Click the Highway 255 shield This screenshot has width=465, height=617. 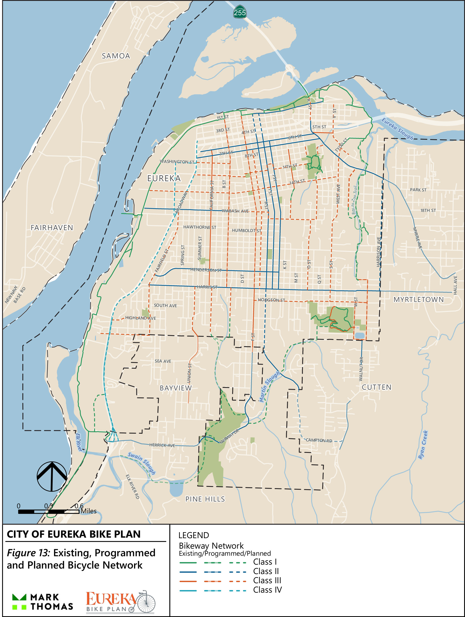pos(240,12)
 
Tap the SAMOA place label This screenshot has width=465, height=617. pos(116,56)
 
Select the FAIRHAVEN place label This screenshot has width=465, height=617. pos(52,228)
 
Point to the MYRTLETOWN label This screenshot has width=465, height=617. pos(418,300)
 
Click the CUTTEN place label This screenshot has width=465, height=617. pos(377,387)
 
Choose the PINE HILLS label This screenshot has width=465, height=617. pos(205,499)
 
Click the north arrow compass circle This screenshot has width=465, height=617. pos(52,476)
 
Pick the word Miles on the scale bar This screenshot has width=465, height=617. pos(88,511)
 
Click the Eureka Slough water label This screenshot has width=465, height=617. pos(397,129)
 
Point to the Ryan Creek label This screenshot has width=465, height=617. pos(423,445)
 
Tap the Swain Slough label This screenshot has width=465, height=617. pos(142,463)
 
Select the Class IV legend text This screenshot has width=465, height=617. pos(267,590)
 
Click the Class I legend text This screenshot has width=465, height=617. pos(265,562)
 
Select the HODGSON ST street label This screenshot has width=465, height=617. pos(271,300)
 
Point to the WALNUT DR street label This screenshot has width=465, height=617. pos(361,369)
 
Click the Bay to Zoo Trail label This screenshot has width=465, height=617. pos(354,200)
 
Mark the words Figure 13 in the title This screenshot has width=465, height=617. pos(28,553)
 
